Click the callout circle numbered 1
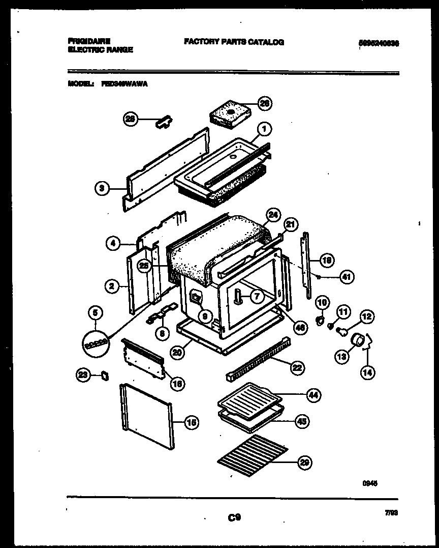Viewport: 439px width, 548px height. tap(264, 129)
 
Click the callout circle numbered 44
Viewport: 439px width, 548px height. tap(313, 395)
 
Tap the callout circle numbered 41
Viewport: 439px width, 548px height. tap(347, 277)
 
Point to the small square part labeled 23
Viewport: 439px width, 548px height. tap(106, 375)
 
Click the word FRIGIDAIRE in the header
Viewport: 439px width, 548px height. tap(89, 40)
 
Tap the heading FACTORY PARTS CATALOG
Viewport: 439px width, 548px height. tap(234, 42)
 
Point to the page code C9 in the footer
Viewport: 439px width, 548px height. tap(234, 517)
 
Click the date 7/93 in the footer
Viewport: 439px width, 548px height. tap(391, 514)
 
